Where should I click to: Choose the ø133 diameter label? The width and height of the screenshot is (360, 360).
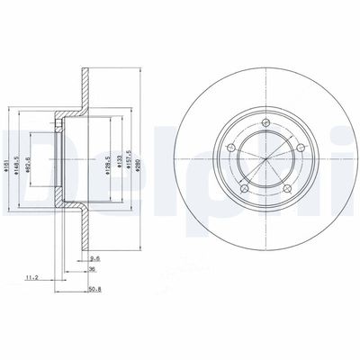click(121, 164)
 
